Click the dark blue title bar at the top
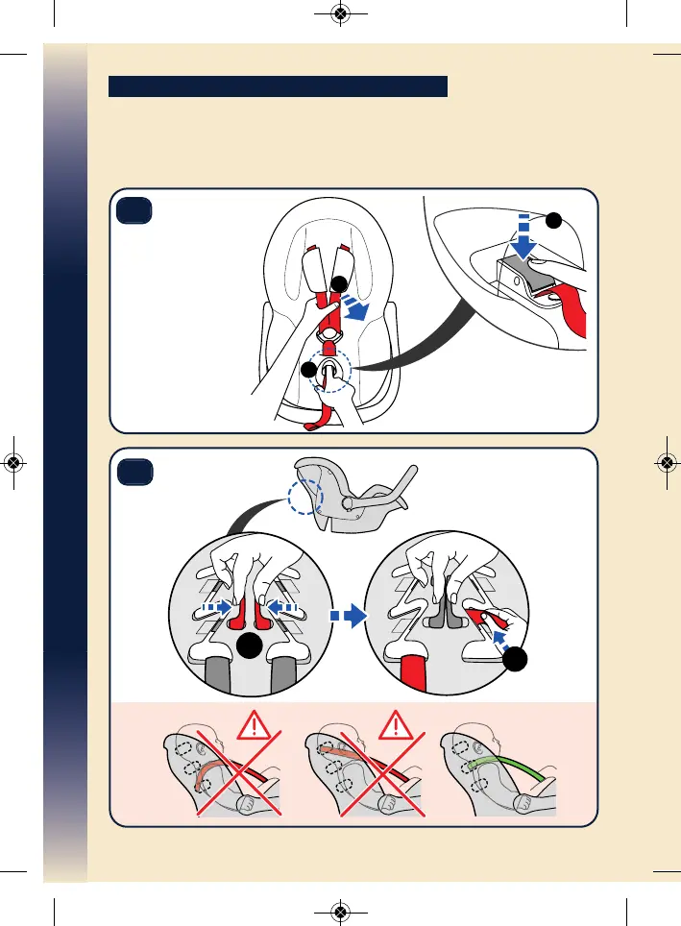click(x=279, y=87)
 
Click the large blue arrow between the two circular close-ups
click(x=353, y=618)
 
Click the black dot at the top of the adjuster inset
click(x=551, y=220)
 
